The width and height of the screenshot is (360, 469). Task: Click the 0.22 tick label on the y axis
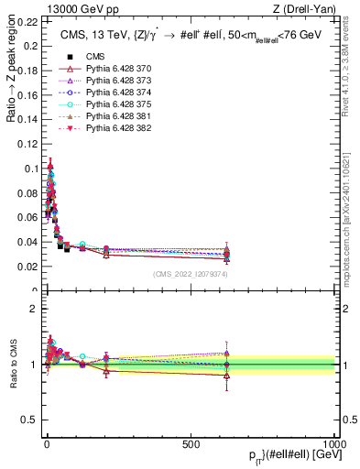point(28,19)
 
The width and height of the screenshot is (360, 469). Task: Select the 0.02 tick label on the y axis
point(28,267)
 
